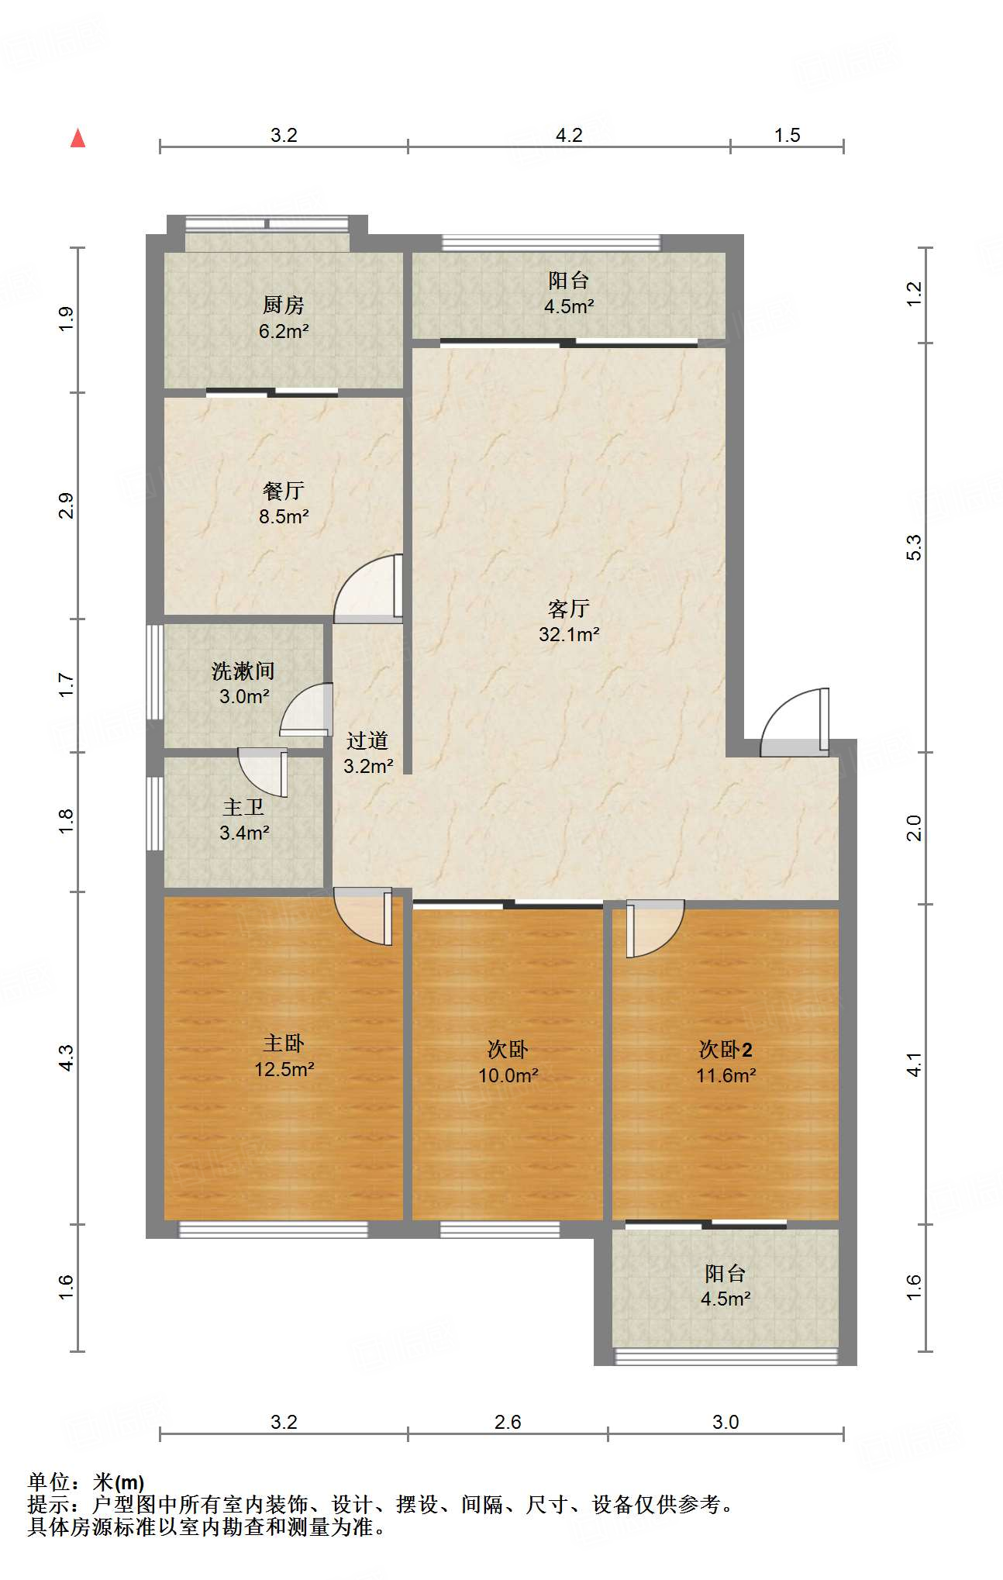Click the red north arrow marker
coord(78,138)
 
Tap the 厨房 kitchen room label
coord(283,305)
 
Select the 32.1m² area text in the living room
coord(569,634)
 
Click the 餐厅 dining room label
coord(283,491)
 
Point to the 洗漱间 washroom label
coord(243,671)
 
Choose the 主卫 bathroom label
coord(243,807)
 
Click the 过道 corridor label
coord(367,740)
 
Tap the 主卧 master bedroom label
coord(283,1043)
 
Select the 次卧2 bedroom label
coord(725,1050)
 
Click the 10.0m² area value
coord(508,1075)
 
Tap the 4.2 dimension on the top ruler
coord(569,135)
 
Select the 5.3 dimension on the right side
coord(915,547)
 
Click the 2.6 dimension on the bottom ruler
coord(508,1422)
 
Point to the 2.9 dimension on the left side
coord(67,505)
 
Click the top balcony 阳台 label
coord(569,280)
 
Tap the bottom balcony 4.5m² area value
coord(725,1299)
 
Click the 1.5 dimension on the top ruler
coord(787,135)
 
